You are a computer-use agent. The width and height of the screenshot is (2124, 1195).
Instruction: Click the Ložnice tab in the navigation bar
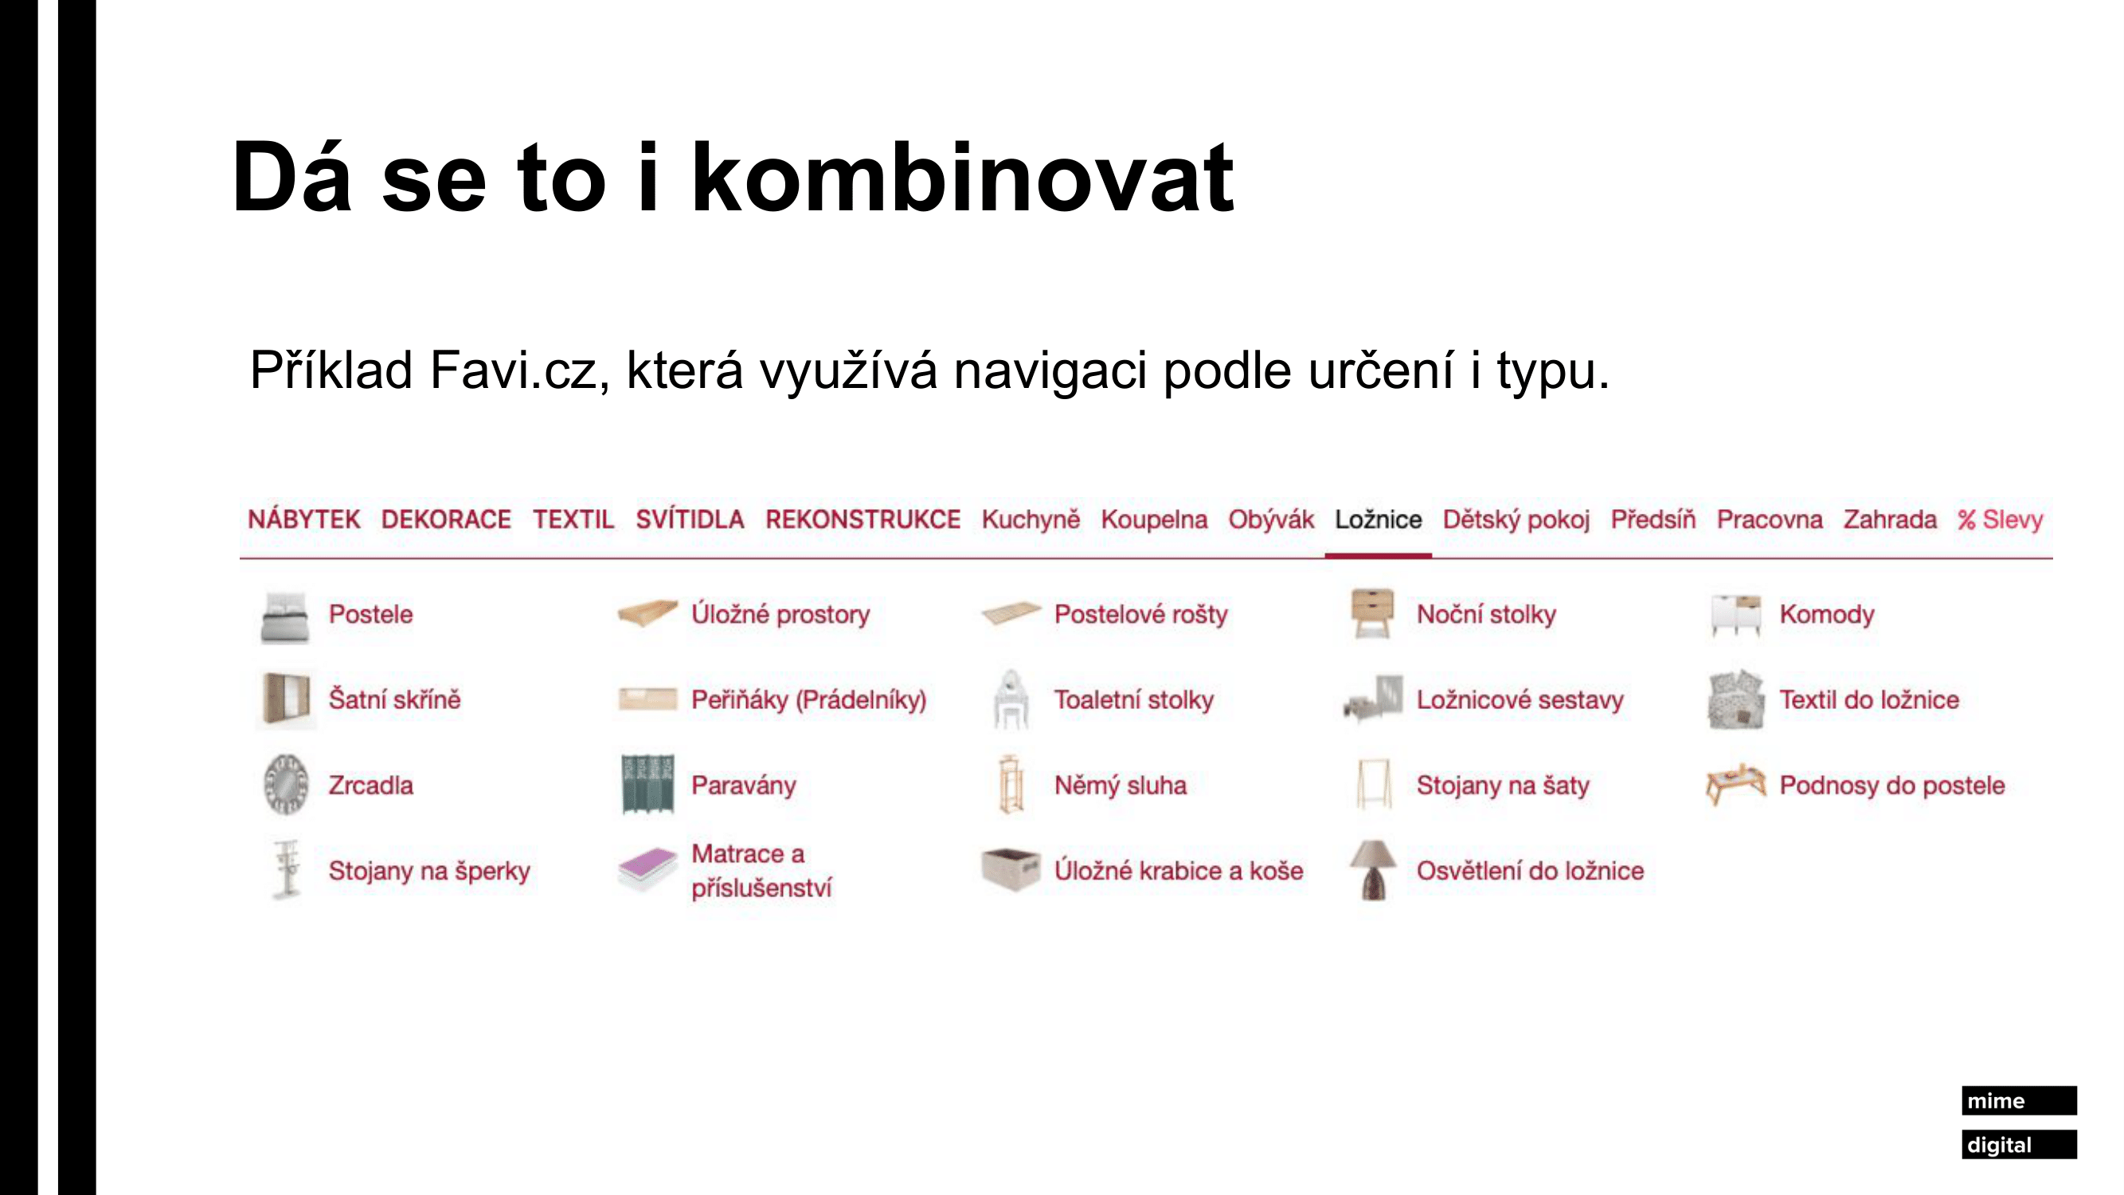pos(1378,519)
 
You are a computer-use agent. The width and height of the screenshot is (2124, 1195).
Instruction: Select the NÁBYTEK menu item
pos(304,519)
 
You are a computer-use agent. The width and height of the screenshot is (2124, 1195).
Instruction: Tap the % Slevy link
pos(2001,519)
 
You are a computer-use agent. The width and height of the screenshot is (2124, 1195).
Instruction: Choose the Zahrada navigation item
pos(1890,519)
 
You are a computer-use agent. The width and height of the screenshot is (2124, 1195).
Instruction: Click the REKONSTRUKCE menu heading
pos(863,519)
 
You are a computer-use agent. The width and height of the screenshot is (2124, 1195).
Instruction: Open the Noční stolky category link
pos(1486,614)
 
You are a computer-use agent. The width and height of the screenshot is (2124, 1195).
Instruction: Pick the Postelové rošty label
pos(1141,614)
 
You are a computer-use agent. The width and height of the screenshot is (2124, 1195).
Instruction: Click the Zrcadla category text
pos(371,786)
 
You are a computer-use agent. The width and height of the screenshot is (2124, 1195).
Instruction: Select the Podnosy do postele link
pos(1892,786)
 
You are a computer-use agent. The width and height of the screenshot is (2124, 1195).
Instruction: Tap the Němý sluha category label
pos(1121,786)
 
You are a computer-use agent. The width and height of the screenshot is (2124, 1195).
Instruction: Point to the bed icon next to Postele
pos(284,617)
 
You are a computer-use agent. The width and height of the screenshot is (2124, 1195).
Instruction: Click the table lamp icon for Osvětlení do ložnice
pos(1374,870)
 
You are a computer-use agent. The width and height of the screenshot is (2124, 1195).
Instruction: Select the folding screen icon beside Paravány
pos(647,784)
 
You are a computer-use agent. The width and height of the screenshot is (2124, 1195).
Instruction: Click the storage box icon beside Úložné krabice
pos(1011,870)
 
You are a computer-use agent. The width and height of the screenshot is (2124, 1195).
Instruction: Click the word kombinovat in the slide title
pos(962,178)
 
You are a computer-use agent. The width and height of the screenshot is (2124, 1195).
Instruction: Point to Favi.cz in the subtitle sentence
pos(519,370)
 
